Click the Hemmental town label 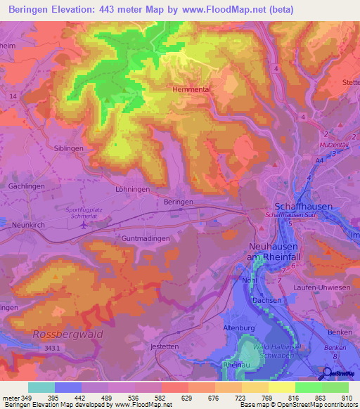tap(193, 90)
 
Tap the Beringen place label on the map tap(179, 201)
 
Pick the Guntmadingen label tap(146, 239)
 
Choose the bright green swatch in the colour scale tap(309, 387)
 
